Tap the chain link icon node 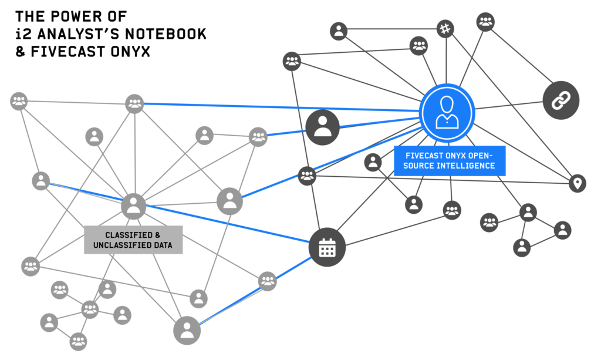pyautogui.click(x=561, y=100)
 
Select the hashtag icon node pyautogui.click(x=445, y=28)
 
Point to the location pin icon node pyautogui.click(x=578, y=183)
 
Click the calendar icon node pyautogui.click(x=327, y=248)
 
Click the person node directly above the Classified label pyautogui.click(x=134, y=206)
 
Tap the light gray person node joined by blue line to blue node pyautogui.click(x=229, y=201)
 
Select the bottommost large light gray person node pyautogui.click(x=187, y=331)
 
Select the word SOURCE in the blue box pyautogui.click(x=424, y=166)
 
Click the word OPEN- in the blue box pyautogui.click(x=484, y=156)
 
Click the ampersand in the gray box pyautogui.click(x=157, y=235)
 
